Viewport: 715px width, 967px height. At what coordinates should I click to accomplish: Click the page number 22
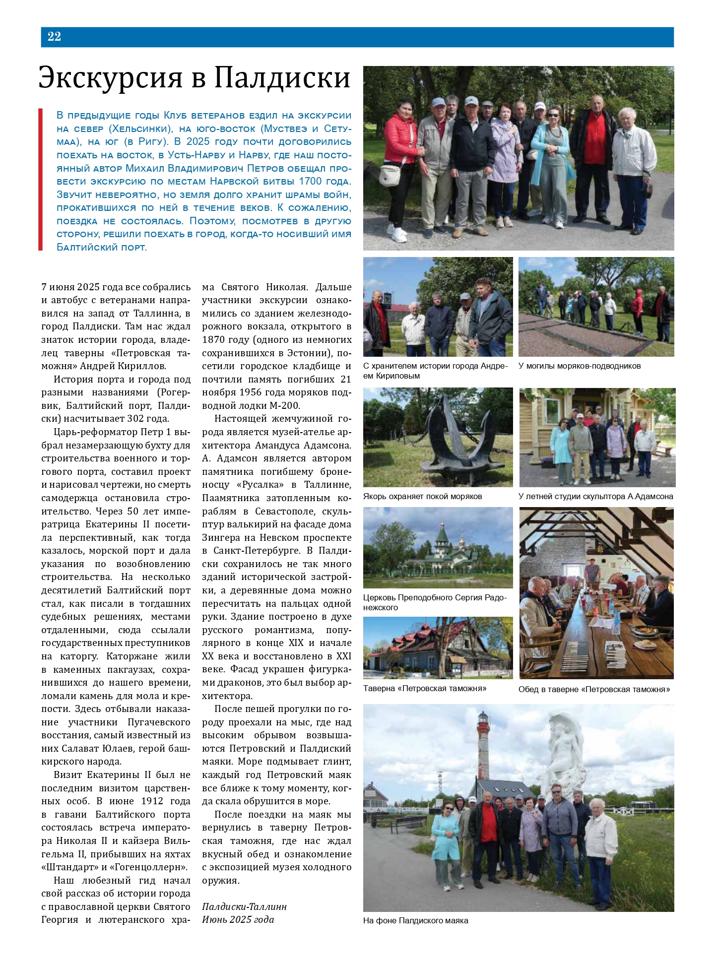pyautogui.click(x=54, y=36)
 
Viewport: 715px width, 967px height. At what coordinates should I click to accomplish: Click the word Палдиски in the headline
pyautogui.click(x=282, y=78)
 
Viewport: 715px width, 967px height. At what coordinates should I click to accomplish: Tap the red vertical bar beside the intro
pyautogui.click(x=40, y=180)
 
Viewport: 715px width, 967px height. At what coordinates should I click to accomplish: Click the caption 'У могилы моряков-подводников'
pyautogui.click(x=580, y=366)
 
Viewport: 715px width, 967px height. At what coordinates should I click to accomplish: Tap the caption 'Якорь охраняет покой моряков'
pyautogui.click(x=422, y=496)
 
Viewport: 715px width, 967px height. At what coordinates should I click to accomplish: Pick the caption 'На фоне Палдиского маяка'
pyautogui.click(x=415, y=920)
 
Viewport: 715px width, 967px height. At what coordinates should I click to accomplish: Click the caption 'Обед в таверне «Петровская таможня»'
pyautogui.click(x=594, y=689)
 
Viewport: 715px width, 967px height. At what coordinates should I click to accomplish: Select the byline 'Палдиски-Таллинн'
pyautogui.click(x=244, y=906)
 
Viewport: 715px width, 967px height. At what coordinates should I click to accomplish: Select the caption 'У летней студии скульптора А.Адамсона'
pyautogui.click(x=596, y=496)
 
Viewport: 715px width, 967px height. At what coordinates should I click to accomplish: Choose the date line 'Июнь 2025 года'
pyautogui.click(x=238, y=919)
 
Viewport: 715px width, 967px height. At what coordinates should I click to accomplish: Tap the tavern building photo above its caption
pyautogui.click(x=438, y=647)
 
